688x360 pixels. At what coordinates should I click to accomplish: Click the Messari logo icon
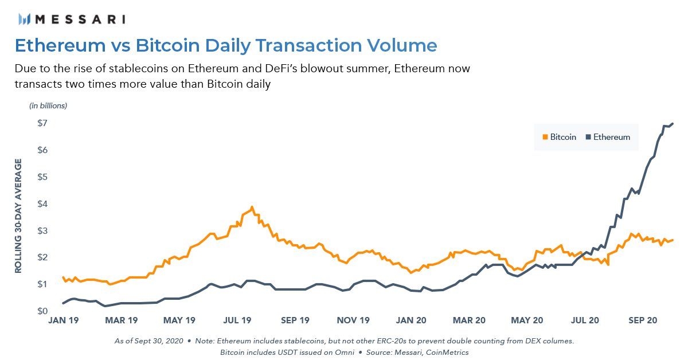point(24,19)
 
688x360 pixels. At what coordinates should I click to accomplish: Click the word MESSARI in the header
point(80,19)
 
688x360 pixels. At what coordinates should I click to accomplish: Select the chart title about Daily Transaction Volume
point(225,45)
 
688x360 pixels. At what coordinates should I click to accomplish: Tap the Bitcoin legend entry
point(559,137)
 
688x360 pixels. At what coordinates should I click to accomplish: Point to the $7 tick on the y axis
point(42,123)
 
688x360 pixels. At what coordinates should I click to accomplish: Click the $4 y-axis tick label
point(42,204)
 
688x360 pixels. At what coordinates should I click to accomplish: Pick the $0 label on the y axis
point(42,311)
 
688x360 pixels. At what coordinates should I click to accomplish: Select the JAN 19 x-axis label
point(62,320)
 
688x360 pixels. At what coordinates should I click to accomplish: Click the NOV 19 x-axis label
point(354,320)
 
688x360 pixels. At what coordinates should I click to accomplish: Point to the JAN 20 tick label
point(412,320)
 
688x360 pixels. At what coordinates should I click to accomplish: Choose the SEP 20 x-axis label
point(643,320)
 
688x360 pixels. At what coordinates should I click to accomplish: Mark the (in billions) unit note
point(48,105)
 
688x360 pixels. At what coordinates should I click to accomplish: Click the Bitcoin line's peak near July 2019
point(252,208)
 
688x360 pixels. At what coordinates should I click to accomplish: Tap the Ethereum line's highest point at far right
point(672,123)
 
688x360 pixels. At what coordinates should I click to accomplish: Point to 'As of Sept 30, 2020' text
point(148,341)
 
